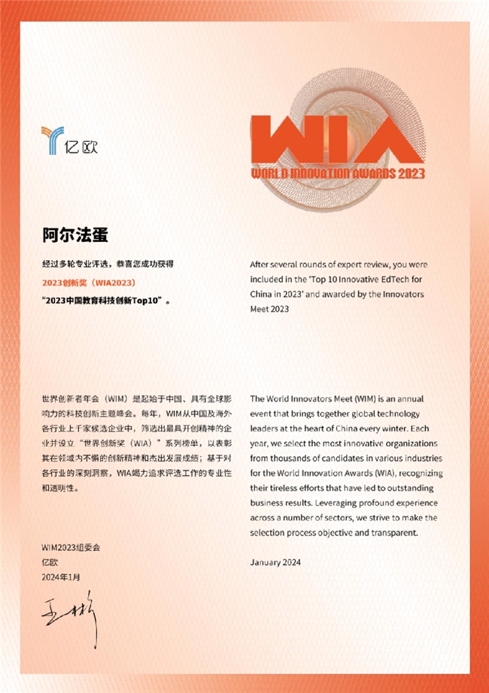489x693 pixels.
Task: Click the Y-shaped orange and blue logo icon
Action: [x=53, y=140]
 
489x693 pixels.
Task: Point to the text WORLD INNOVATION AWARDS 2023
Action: [x=338, y=174]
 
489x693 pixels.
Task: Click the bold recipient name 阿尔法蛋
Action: [x=75, y=236]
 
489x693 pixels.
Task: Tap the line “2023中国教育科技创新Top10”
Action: [x=106, y=300]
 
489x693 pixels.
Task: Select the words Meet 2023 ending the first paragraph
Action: [x=269, y=307]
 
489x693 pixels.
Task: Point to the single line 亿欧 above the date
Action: [x=50, y=561]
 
